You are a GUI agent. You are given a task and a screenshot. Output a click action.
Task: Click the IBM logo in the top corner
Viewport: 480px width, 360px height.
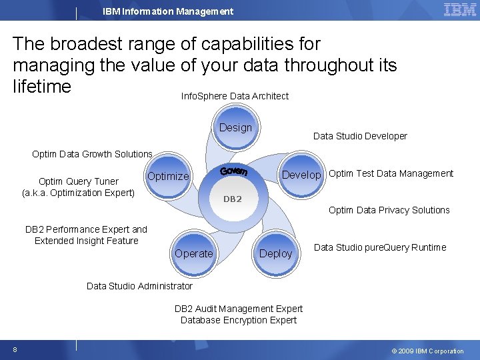tap(459, 10)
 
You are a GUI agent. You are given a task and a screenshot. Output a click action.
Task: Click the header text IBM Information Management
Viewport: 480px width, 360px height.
tap(168, 11)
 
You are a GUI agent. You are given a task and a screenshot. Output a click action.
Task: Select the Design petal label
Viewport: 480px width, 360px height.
tap(235, 127)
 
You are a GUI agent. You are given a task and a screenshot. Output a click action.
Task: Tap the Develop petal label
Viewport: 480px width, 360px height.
tap(302, 175)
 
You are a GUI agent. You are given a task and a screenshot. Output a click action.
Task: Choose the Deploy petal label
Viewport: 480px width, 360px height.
tap(275, 253)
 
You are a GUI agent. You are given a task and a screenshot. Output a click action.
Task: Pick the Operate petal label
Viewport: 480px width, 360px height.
tap(194, 253)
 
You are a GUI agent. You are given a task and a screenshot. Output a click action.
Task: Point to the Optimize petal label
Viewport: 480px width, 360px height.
tap(168, 176)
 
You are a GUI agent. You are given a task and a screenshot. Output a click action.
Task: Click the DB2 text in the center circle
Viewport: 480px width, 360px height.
tap(232, 199)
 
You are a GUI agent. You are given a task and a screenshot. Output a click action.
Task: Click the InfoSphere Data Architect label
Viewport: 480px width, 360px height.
tap(235, 96)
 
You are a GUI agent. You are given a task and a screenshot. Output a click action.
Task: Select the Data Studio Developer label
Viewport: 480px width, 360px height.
tap(360, 136)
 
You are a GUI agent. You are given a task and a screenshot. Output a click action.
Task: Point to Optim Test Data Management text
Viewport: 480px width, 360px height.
tap(391, 173)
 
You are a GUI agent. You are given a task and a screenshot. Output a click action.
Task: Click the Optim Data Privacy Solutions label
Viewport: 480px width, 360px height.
tap(389, 210)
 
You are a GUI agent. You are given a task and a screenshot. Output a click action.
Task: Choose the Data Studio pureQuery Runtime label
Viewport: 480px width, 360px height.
tap(380, 247)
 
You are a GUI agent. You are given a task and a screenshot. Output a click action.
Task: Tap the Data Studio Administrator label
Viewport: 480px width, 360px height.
tap(139, 286)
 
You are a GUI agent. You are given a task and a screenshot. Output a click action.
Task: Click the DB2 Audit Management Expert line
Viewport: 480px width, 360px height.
tap(239, 309)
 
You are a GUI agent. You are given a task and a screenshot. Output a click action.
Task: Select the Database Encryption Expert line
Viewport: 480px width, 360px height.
tap(239, 320)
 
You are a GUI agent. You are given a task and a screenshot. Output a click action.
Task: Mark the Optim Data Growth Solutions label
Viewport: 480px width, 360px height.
tap(92, 154)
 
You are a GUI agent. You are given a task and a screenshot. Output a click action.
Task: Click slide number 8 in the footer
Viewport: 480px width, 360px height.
tap(14, 350)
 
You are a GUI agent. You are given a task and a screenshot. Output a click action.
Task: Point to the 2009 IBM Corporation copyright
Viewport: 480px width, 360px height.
tap(427, 351)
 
